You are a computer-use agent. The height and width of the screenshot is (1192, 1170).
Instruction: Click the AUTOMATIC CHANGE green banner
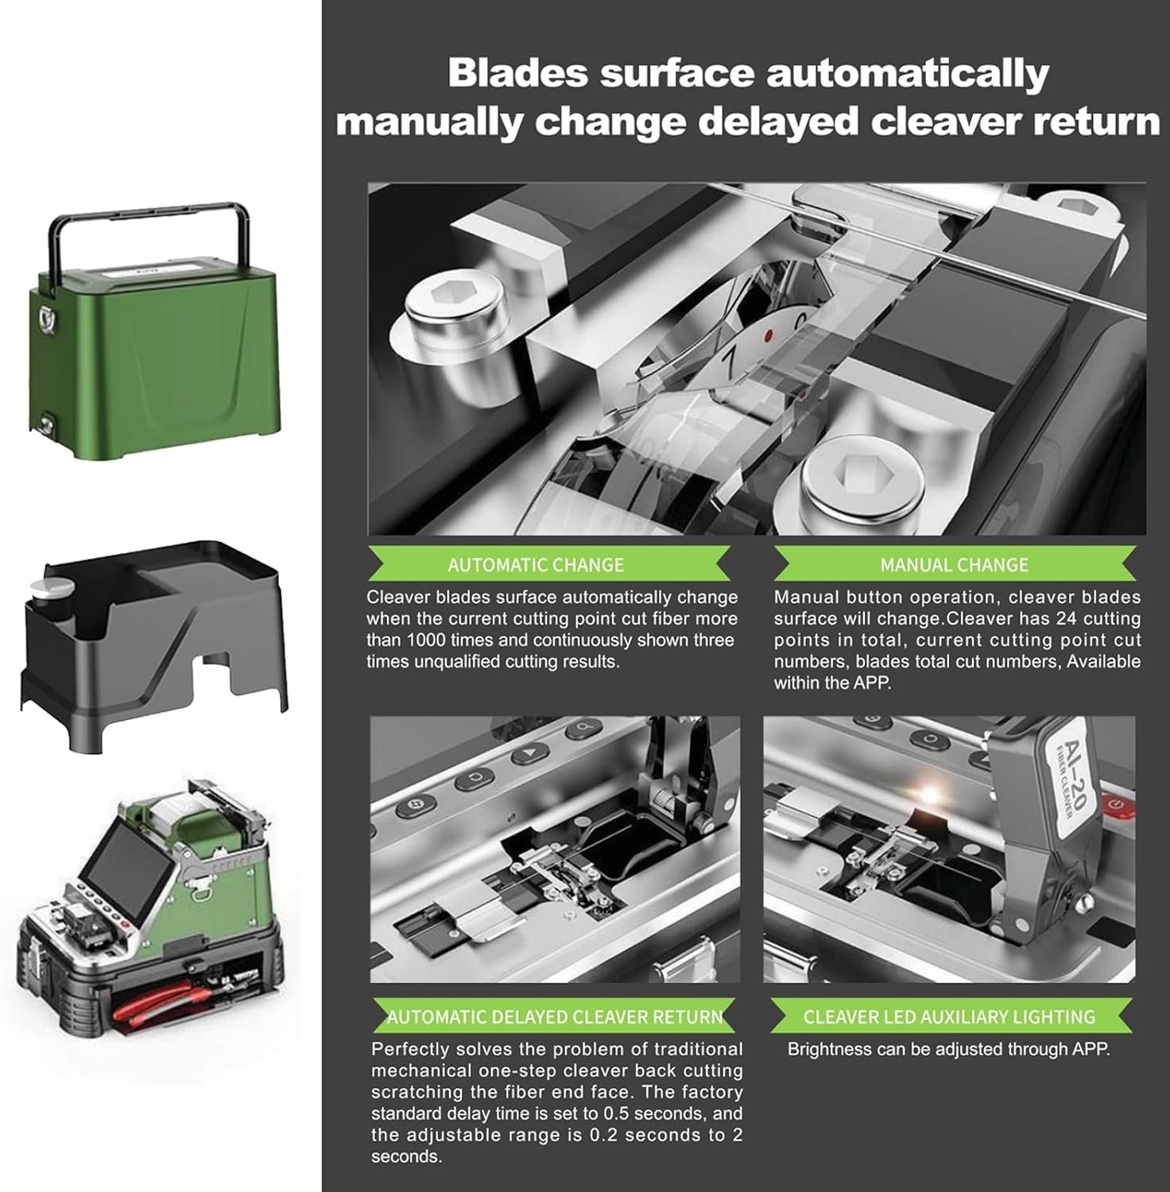click(548, 563)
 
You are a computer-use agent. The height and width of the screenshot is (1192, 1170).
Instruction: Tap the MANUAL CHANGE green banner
click(955, 563)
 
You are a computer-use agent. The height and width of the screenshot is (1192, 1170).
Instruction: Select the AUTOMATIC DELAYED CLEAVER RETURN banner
click(554, 1016)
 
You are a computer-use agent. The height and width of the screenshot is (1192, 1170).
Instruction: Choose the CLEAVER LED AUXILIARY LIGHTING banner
click(949, 1016)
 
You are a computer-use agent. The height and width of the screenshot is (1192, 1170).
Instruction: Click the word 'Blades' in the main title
click(518, 73)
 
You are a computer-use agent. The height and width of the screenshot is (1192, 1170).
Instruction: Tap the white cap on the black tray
click(52, 591)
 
